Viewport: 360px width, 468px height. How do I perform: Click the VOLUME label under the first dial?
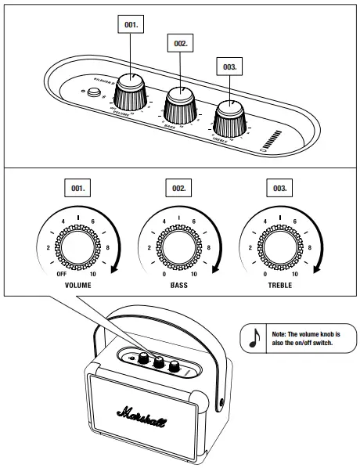(x=78, y=286)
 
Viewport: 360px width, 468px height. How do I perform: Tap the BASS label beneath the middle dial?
(x=178, y=286)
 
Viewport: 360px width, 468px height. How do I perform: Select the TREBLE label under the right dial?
(x=279, y=286)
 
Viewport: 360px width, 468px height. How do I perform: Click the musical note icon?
(x=253, y=337)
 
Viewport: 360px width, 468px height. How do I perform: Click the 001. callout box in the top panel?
(x=131, y=25)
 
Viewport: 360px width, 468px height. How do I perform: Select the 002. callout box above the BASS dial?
(x=181, y=44)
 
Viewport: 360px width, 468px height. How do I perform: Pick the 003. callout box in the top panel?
(x=229, y=67)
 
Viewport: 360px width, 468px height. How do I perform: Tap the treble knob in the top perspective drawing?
(x=230, y=118)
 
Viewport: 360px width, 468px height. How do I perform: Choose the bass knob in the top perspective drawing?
(x=182, y=105)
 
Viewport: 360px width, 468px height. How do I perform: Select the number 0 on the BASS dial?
(x=163, y=275)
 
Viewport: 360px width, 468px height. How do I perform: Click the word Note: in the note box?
(x=275, y=333)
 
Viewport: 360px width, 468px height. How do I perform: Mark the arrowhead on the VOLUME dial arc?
(x=114, y=271)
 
